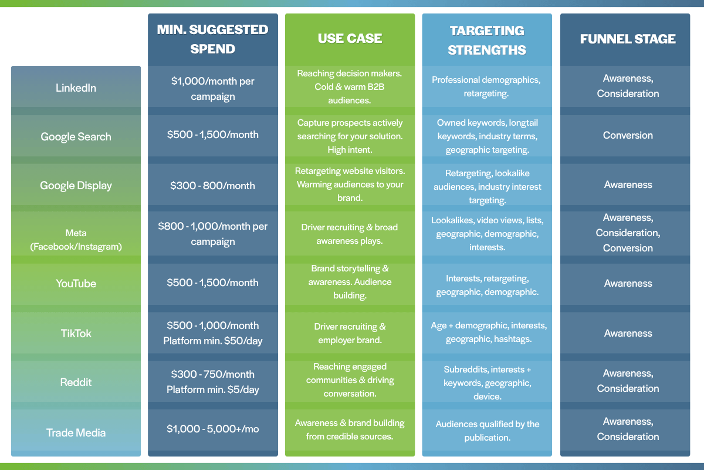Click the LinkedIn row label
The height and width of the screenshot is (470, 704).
(76, 88)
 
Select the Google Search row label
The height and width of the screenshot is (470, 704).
(76, 137)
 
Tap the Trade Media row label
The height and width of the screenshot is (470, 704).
(76, 432)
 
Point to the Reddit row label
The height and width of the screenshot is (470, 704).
(76, 382)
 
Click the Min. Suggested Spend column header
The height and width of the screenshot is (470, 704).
(213, 39)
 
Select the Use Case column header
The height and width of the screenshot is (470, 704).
(350, 38)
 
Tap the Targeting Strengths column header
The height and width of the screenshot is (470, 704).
(487, 41)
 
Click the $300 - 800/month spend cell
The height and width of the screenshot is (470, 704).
(213, 186)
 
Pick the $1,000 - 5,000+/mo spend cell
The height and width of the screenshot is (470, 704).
(213, 428)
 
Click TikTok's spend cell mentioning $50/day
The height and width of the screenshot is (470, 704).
(213, 333)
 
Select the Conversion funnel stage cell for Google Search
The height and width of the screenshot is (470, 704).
(628, 135)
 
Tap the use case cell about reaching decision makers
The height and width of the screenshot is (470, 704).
(350, 86)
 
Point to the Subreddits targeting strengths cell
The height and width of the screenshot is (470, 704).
(487, 382)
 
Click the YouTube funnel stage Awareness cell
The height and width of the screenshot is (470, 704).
(628, 283)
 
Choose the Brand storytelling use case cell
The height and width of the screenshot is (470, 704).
(350, 282)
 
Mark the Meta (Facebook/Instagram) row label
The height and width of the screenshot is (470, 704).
(76, 240)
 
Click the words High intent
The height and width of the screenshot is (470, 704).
(350, 150)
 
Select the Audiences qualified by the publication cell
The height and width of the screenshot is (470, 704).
(487, 430)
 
